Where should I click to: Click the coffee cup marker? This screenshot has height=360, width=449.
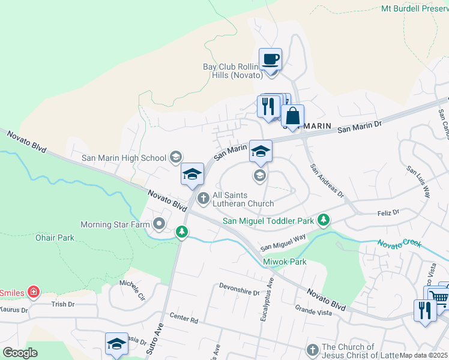[270, 60]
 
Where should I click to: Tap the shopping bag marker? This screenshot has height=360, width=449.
[292, 116]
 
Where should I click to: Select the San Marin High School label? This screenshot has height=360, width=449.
[124, 158]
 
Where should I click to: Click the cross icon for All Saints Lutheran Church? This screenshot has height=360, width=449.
[203, 197]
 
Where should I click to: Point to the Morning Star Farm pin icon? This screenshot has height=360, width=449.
[159, 224]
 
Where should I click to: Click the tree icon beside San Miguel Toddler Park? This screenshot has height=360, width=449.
[324, 220]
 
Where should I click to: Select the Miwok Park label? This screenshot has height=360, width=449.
[285, 262]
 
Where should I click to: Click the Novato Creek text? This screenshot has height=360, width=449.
[399, 244]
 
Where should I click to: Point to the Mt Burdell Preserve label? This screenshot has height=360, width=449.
[414, 8]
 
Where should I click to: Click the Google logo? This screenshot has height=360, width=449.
[19, 353]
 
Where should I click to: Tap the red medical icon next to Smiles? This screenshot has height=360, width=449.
[34, 293]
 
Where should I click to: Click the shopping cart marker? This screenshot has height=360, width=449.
[439, 298]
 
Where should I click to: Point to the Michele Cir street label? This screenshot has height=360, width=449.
[132, 290]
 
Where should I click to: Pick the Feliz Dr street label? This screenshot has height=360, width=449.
[388, 213]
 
